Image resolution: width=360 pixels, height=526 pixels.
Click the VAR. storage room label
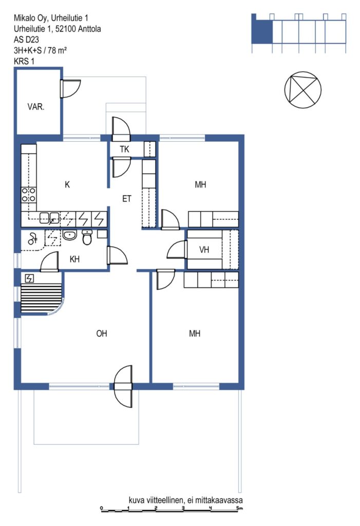(35, 107)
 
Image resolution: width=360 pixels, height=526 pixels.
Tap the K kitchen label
(67, 184)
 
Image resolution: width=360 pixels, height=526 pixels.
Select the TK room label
(124, 149)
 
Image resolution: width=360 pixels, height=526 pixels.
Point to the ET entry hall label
(126, 199)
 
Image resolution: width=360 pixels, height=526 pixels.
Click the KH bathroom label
(74, 259)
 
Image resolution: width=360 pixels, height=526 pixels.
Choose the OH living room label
(102, 333)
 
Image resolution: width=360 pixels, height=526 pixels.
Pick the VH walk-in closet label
(204, 250)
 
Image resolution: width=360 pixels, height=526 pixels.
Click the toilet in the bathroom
(87, 237)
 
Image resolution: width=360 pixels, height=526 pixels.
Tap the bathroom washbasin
(70, 235)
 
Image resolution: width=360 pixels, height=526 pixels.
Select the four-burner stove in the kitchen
(29, 195)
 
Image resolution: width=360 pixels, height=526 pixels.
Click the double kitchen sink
(50, 218)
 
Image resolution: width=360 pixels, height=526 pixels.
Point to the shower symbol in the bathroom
(32, 238)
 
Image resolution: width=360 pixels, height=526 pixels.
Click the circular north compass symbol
(302, 90)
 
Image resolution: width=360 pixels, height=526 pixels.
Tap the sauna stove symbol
(29, 278)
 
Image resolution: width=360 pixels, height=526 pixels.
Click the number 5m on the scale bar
(239, 508)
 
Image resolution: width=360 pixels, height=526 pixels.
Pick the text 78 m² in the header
(57, 50)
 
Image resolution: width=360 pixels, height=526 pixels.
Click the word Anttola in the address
(89, 29)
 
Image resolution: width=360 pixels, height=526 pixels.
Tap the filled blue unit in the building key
(262, 31)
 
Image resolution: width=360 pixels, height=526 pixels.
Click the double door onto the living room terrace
(123, 386)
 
